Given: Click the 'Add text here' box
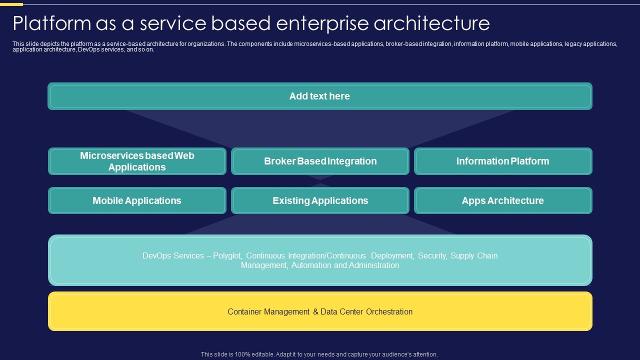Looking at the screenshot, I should click(x=320, y=96).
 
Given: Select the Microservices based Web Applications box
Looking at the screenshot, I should click(x=137, y=161).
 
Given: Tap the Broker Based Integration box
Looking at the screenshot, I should click(x=320, y=161).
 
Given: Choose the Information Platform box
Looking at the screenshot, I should click(x=502, y=161).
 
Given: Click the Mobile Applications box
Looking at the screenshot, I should click(x=137, y=200).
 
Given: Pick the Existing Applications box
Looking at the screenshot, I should click(x=320, y=200).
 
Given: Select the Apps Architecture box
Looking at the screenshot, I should click(x=502, y=200).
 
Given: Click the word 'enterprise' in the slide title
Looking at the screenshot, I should click(x=319, y=23).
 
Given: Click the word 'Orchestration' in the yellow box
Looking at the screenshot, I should click(x=389, y=311).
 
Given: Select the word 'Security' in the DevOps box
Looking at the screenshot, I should click(x=432, y=255).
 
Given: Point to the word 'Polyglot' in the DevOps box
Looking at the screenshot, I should click(x=227, y=255).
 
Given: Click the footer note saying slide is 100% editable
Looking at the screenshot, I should click(x=319, y=354).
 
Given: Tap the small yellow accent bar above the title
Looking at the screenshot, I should click(x=11, y=4).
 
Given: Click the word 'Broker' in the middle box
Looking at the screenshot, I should click(x=279, y=161).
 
